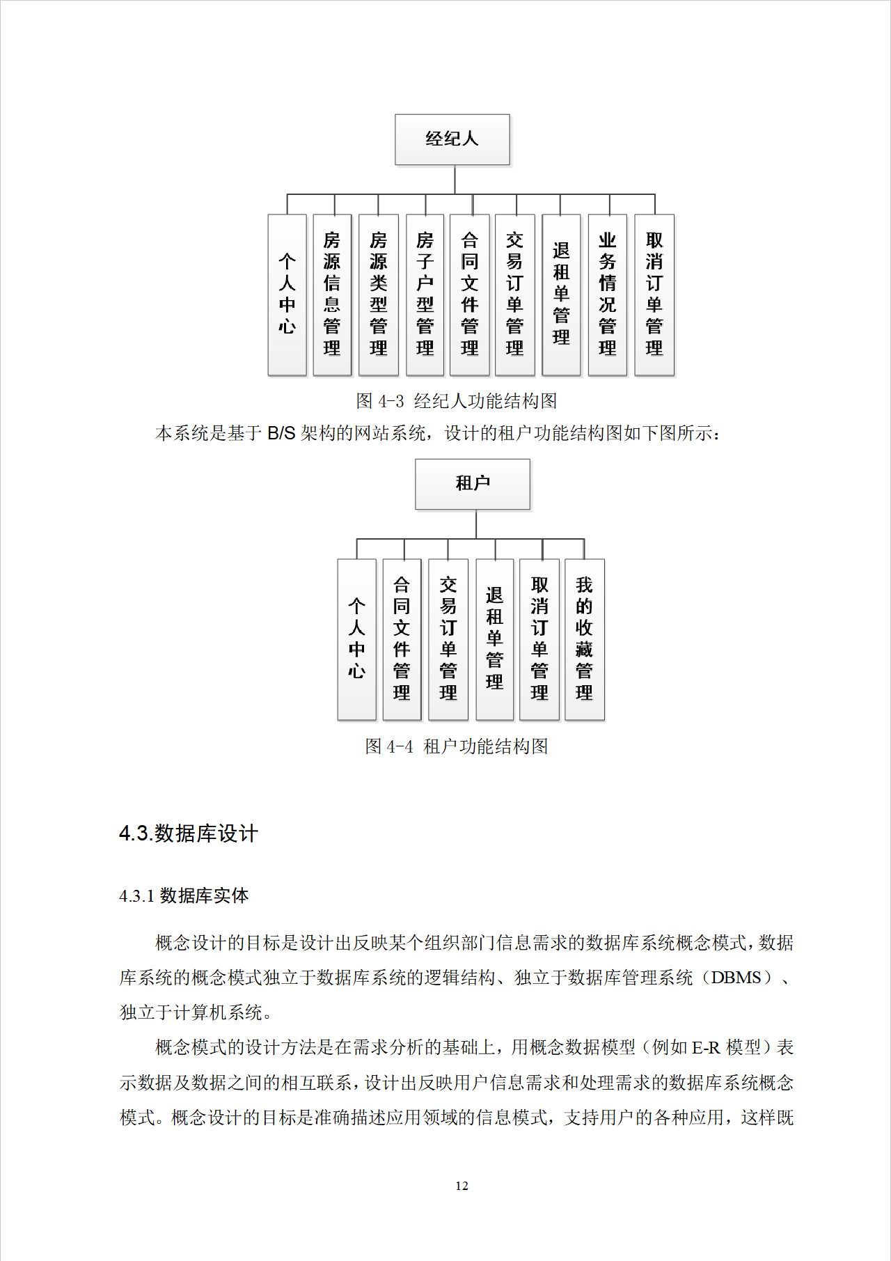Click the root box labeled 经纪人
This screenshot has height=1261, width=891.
[x=452, y=139]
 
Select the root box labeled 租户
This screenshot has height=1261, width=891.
[x=473, y=483]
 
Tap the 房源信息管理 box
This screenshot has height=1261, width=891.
[x=332, y=295]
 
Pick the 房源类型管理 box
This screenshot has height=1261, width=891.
[x=379, y=295]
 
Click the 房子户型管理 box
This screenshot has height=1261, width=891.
[x=425, y=295]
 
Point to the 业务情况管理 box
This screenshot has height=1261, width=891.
[x=608, y=295]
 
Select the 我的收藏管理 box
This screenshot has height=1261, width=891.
[x=584, y=639]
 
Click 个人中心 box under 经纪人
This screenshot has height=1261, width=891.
[x=287, y=295]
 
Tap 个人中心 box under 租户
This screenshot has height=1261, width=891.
[x=356, y=639]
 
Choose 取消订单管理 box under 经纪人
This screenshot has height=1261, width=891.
[x=654, y=295]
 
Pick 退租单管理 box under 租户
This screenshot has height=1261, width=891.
[x=494, y=639]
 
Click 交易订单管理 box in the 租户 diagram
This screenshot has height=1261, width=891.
[x=448, y=639]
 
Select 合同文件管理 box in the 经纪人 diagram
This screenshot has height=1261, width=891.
[x=470, y=295]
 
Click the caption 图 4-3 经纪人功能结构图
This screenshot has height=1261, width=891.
[x=456, y=401]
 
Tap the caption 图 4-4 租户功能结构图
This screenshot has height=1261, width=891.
[x=456, y=746]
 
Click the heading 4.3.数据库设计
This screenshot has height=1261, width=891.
[x=189, y=833]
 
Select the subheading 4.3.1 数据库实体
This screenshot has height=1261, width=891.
[x=184, y=895]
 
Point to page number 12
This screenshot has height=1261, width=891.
[x=462, y=1186]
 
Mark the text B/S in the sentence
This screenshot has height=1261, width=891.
[x=281, y=434]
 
